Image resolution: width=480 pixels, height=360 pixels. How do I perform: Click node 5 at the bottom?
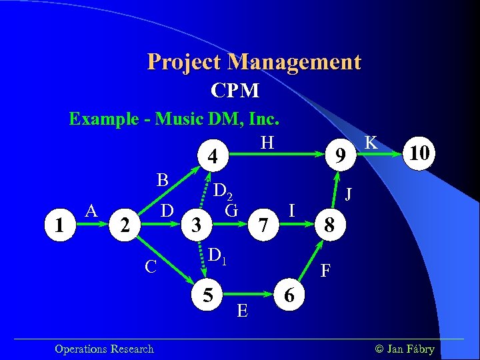coord(209,293)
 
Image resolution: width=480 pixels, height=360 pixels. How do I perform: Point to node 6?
coord(289,293)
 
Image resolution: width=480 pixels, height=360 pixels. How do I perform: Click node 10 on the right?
coord(421,155)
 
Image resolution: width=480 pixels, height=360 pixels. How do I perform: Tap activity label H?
coord(267,142)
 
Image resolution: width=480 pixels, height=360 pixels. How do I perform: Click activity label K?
coord(372,142)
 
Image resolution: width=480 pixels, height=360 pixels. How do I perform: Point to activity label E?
coord(243,311)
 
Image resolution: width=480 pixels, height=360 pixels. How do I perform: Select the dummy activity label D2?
coord(223,192)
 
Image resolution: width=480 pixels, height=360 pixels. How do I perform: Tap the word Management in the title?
coord(294,62)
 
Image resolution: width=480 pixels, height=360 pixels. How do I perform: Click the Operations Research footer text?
coord(104,349)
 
